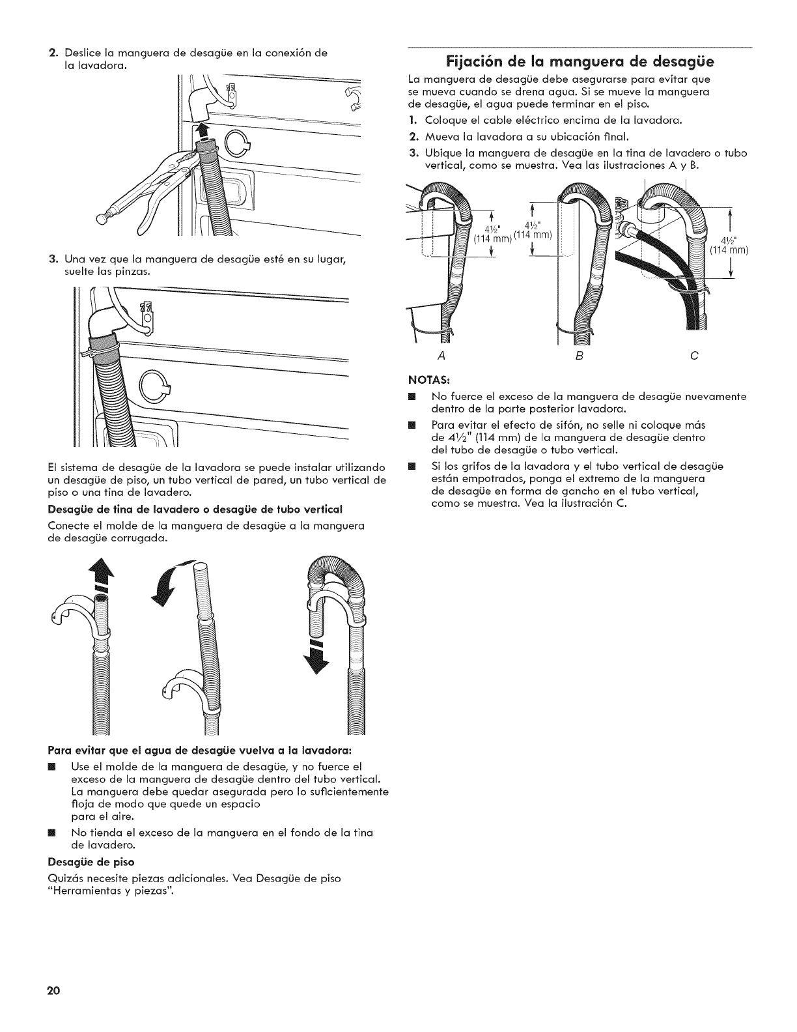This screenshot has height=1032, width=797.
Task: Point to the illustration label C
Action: click(x=694, y=356)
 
